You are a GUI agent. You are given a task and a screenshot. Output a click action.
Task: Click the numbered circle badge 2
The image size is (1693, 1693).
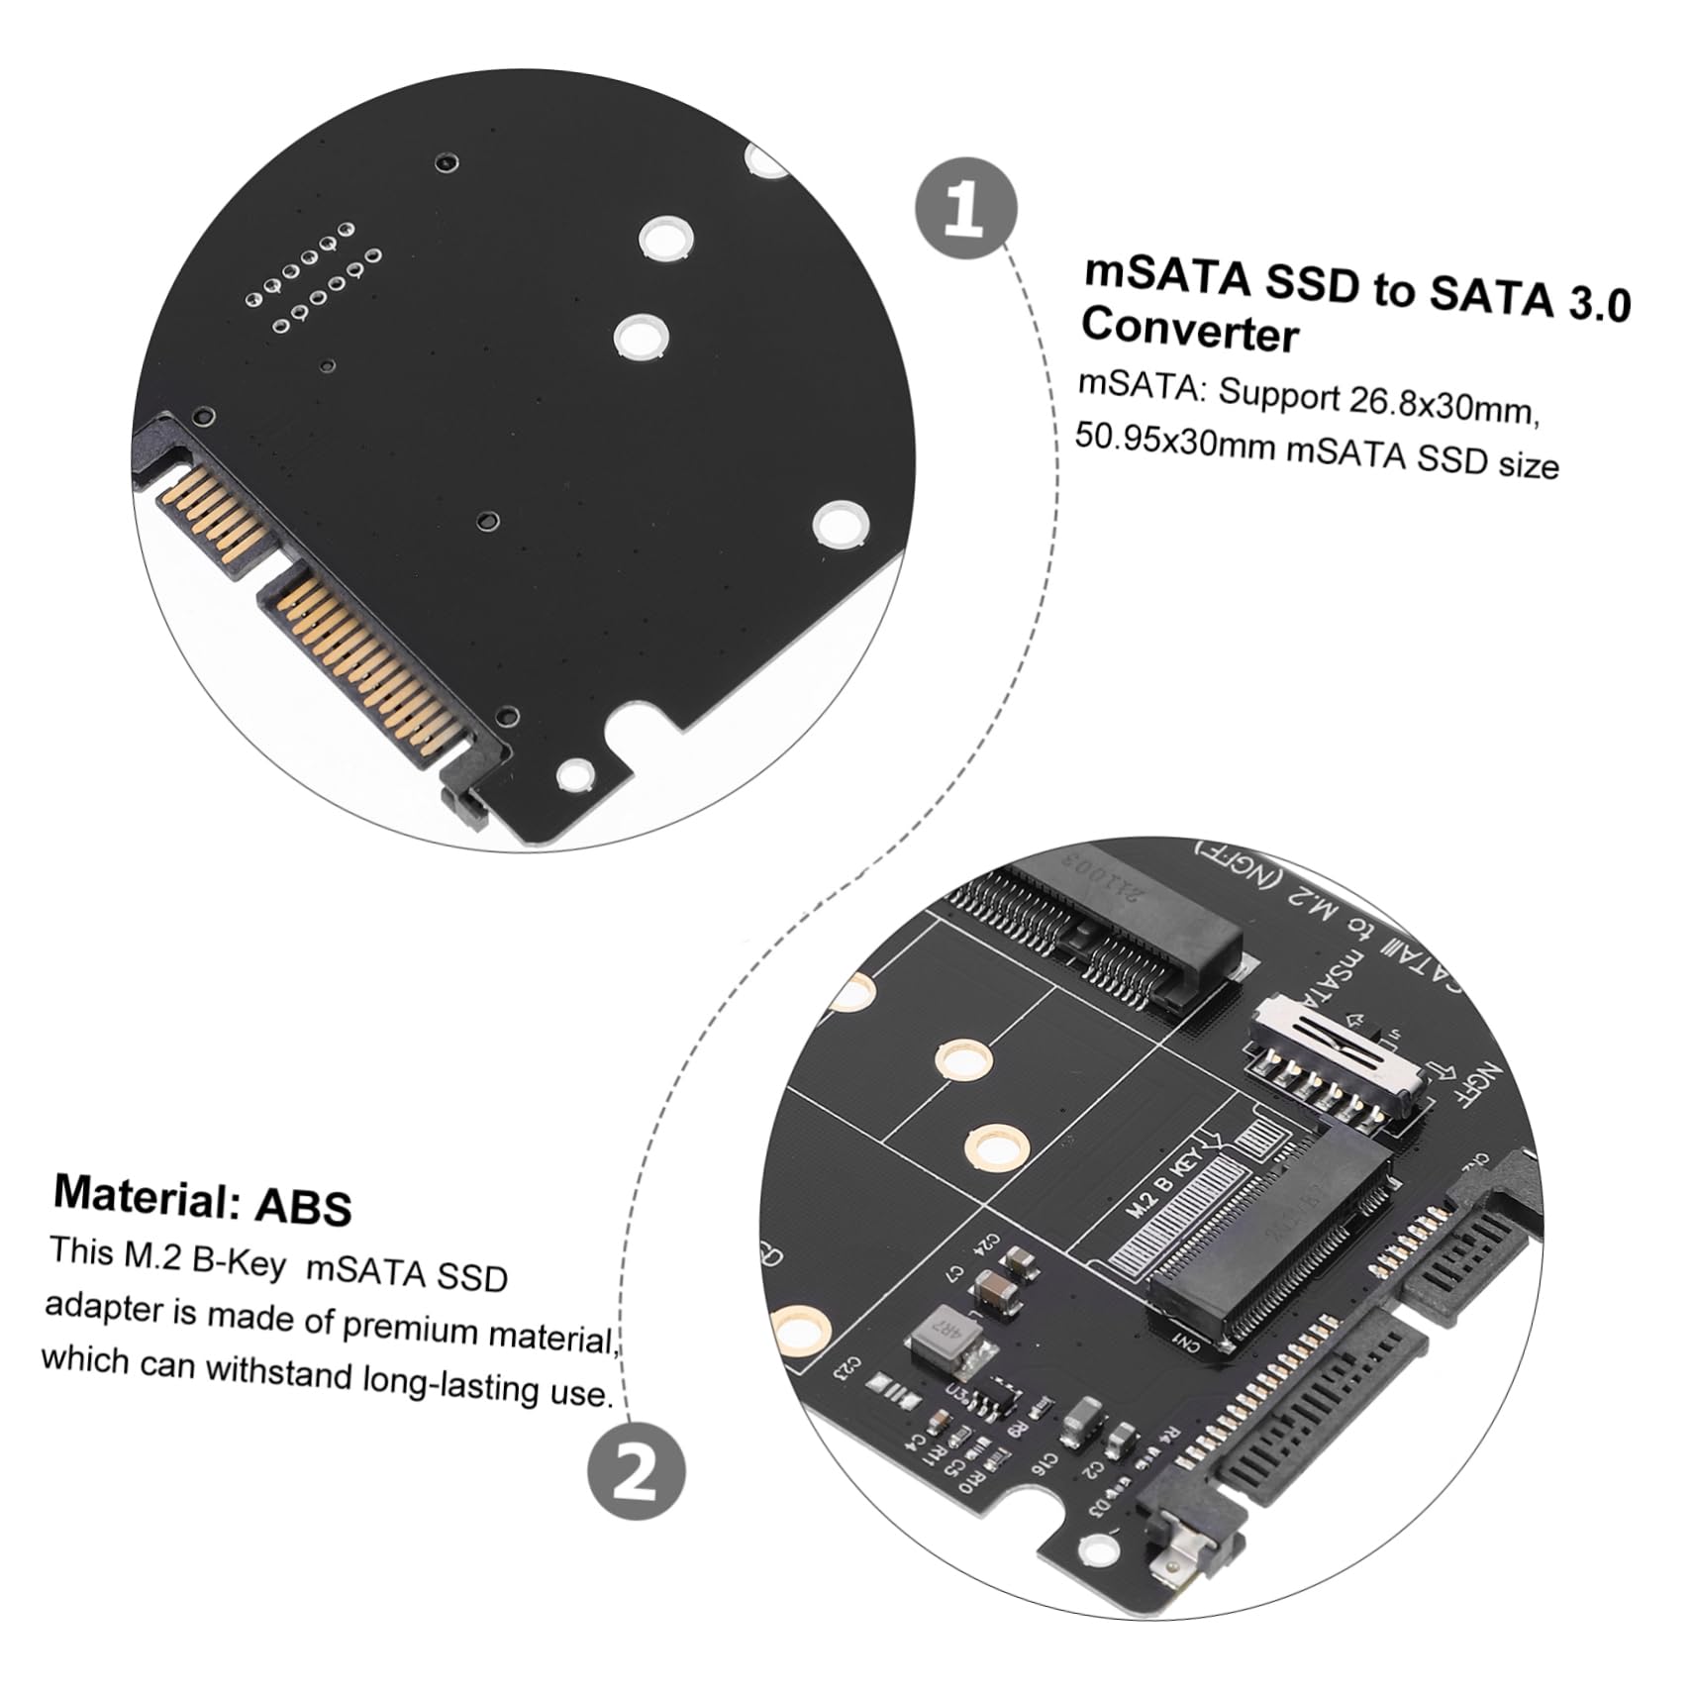pyautogui.click(x=636, y=1471)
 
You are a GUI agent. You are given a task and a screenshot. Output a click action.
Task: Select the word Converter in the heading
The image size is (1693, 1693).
pyautogui.click(x=1189, y=330)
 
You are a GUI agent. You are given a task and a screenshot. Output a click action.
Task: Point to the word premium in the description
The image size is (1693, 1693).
pyautogui.click(x=413, y=1326)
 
